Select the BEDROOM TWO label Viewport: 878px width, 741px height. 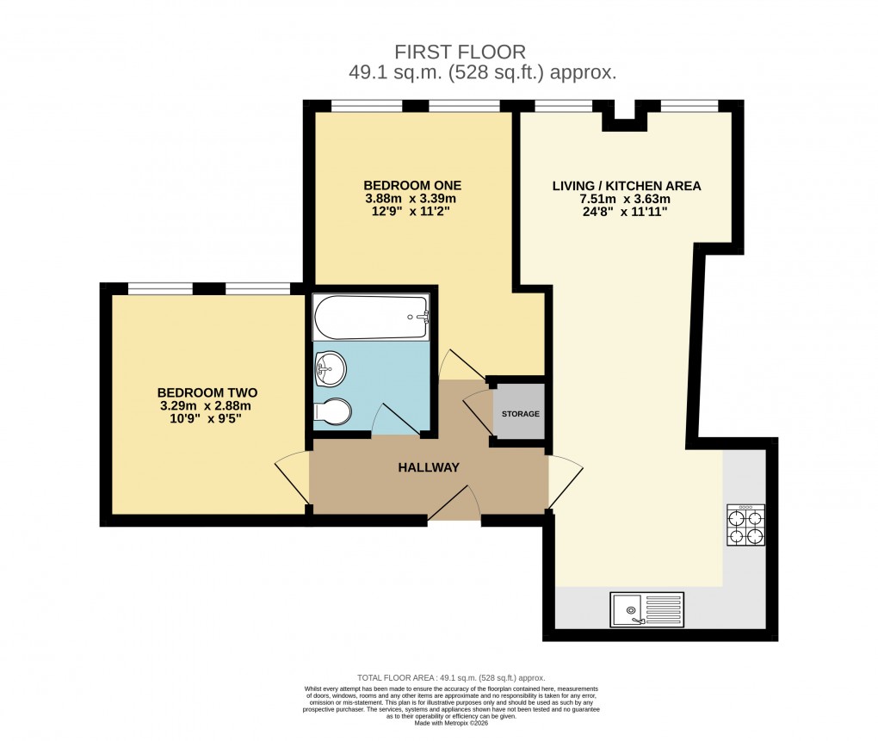pos(207,392)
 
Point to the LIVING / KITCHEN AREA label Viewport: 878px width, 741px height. pos(627,185)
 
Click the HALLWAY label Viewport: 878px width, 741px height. pos(429,467)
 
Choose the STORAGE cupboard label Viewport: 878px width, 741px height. pos(521,414)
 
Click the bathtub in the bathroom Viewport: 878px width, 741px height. pos(371,318)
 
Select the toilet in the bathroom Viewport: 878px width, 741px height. pos(333,412)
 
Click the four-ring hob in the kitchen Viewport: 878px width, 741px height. pos(745,525)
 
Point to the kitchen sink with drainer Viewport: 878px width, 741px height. pos(646,610)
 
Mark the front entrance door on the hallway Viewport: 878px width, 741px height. pos(454,503)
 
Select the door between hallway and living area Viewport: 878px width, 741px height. pos(565,480)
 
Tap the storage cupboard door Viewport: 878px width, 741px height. pos(477,411)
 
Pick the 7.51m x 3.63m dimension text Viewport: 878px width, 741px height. pos(627,200)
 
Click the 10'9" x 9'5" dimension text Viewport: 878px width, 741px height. pos(207,420)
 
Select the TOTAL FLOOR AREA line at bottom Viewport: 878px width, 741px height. pos(451,678)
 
